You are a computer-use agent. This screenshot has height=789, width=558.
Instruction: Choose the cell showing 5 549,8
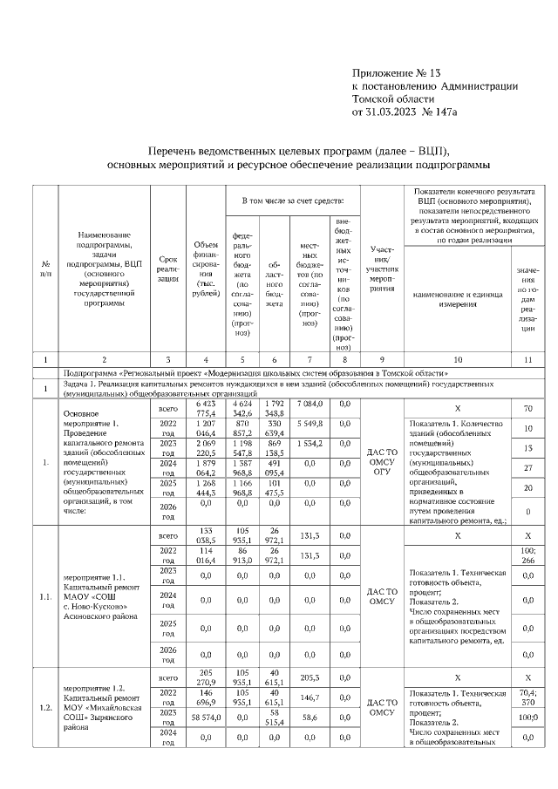click(x=310, y=423)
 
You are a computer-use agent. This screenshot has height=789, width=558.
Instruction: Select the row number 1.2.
click(x=44, y=707)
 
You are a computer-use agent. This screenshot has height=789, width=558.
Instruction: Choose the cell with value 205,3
click(x=310, y=677)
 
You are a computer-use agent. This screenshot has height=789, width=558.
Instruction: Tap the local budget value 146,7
click(x=310, y=699)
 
